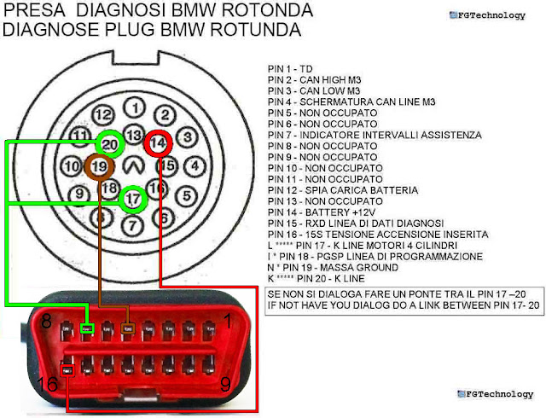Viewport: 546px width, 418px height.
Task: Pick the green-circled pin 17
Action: pyautogui.click(x=132, y=199)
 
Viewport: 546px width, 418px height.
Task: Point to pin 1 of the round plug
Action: pyautogui.click(x=134, y=107)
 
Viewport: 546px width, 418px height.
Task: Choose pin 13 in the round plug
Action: pyautogui.click(x=133, y=136)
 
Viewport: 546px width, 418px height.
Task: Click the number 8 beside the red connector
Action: pyautogui.click(x=48, y=322)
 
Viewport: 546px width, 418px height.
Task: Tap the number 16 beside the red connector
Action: pyautogui.click(x=49, y=385)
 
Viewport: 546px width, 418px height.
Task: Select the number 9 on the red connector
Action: pyautogui.click(x=224, y=385)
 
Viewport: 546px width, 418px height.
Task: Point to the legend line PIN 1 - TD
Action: pyautogui.click(x=290, y=68)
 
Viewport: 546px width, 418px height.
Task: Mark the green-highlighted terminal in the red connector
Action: pyautogui.click(x=86, y=328)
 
